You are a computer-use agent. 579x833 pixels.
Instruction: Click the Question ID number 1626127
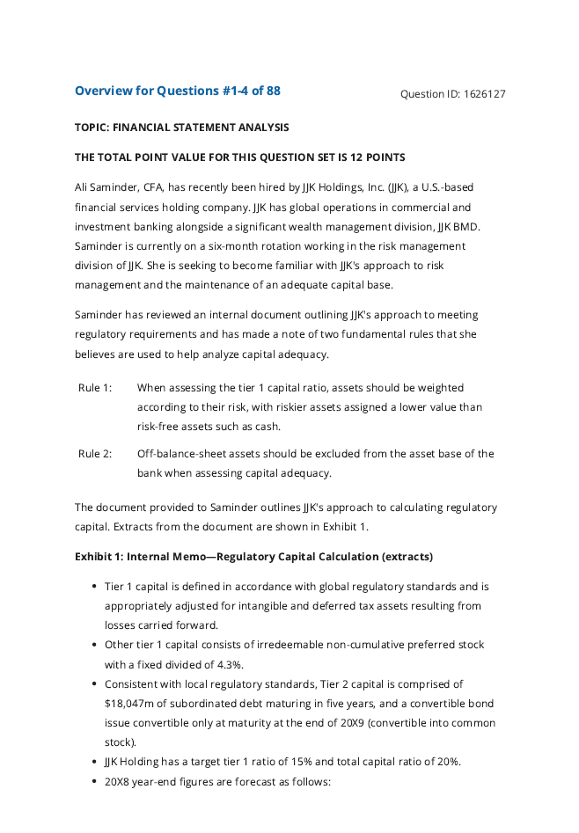tap(484, 94)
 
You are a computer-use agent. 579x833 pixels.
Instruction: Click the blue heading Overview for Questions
tap(146, 91)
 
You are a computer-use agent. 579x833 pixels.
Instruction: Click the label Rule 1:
tap(95, 388)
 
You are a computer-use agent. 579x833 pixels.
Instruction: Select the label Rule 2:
tap(95, 454)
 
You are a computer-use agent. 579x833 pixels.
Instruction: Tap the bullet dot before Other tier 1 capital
tap(94, 645)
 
